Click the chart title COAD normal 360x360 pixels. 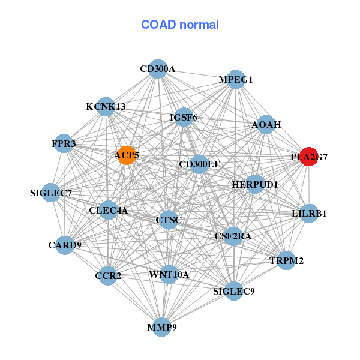pos(179,25)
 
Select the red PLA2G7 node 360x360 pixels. pos(308,157)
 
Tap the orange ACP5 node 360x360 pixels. pos(126,155)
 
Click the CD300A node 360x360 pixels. pos(157,68)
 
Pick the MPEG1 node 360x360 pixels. pos(236,79)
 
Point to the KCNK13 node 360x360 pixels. pos(106,107)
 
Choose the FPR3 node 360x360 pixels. pos(64,144)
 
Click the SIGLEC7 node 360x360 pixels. pos(52,193)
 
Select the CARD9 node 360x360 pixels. pos(65,245)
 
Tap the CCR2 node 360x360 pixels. pos(108,276)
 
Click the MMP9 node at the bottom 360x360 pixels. pos(162,327)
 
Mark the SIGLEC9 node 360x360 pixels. pos(234,292)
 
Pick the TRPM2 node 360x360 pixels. pos(286,260)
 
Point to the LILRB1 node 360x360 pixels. pos(309,213)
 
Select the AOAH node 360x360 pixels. pos(266,124)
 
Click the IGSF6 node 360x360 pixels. pos(184,117)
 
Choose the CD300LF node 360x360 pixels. pos(199,164)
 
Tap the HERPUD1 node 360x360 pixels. pos(254,184)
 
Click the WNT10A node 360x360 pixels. pos(169,275)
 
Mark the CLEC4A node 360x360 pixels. pos(109,210)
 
